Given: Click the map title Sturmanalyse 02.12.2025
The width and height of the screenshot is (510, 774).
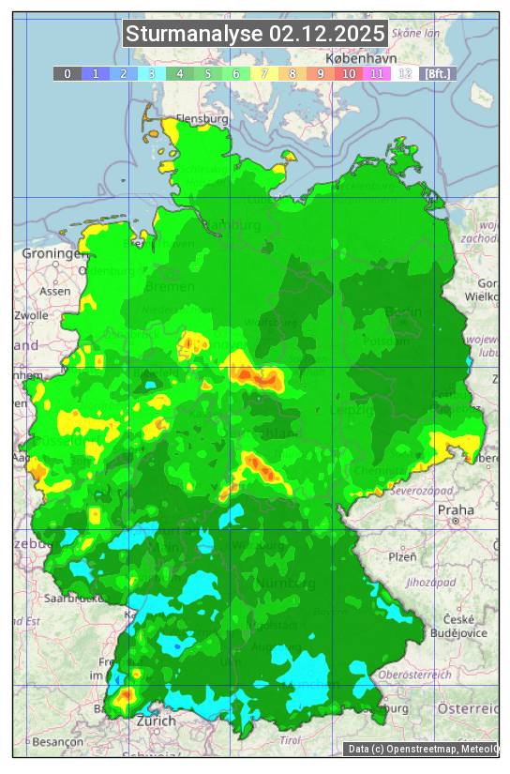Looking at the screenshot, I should click(255, 35).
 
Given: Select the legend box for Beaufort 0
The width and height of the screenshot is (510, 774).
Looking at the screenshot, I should click(67, 73).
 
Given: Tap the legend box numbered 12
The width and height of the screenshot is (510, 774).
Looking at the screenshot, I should click(405, 73).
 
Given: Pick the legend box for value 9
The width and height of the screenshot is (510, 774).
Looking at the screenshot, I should click(321, 73).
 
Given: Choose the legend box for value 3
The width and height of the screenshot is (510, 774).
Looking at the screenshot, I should click(152, 73).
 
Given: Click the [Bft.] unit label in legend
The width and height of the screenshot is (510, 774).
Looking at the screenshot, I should click(437, 73).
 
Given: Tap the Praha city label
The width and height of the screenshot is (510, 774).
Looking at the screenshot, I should click(456, 509).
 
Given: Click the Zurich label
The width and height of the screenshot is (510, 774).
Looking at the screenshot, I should click(156, 721).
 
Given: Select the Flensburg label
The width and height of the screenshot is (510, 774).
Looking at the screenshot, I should click(202, 119).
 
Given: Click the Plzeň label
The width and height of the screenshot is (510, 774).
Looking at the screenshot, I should click(402, 556).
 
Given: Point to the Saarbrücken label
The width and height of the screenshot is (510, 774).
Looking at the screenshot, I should click(71, 597).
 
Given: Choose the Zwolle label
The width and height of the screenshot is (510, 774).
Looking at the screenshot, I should click(31, 315).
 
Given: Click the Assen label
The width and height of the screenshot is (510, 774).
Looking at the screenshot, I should click(54, 291).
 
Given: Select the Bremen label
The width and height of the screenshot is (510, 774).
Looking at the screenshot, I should click(170, 285).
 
